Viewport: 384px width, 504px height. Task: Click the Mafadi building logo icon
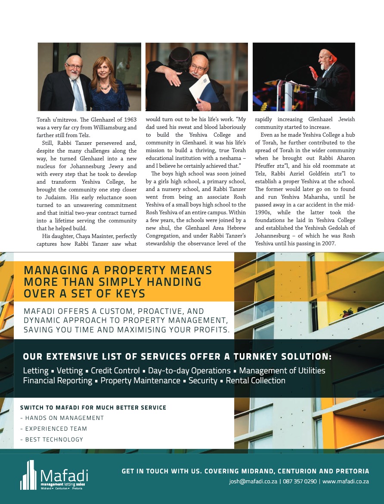(30, 475)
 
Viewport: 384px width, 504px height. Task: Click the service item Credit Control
(115, 371)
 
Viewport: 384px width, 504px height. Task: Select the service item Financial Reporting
(57, 381)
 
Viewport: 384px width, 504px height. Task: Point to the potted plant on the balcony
(347, 312)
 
